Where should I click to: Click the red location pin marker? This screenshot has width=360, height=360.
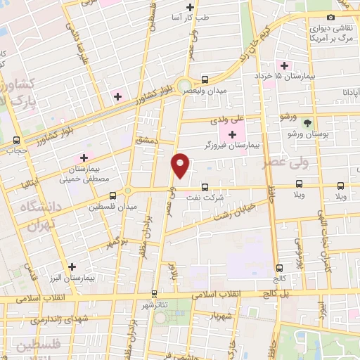[181, 166]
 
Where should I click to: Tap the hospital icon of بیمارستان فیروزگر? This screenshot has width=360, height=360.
[233, 134]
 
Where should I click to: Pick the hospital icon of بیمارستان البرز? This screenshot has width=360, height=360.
[73, 266]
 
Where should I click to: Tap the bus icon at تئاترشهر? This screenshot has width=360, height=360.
[154, 294]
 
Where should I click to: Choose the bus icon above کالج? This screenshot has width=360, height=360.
[281, 268]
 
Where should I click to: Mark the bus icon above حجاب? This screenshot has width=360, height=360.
[16, 139]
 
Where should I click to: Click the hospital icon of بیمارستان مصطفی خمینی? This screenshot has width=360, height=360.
[85, 157]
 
